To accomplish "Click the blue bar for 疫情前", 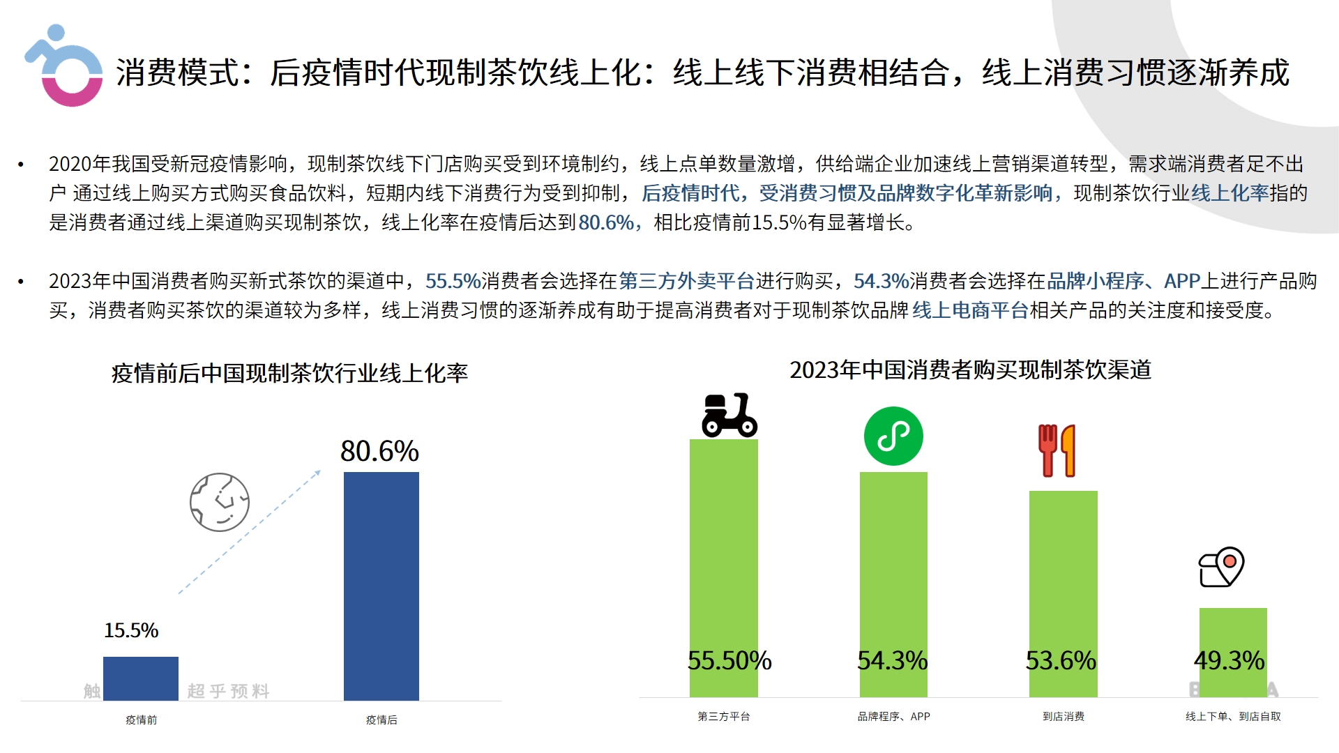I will pos(141,678).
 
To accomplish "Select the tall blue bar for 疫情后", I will pos(381,586).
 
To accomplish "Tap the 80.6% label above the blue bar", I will pos(379,451).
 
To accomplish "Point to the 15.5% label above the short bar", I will pos(131,630).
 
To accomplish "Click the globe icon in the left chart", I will pos(220,502).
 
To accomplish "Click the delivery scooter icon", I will pos(729,416).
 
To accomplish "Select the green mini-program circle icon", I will pos(893,436).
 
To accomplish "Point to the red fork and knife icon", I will pos(1057,450).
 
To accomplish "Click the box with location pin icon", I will pos(1221,567).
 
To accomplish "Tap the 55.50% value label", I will pos(729,660).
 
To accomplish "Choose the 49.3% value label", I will pos(1229,660).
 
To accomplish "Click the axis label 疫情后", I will pos(381,720).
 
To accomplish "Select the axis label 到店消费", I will pos(1064,716).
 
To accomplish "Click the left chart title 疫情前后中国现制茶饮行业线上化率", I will pos(289,373).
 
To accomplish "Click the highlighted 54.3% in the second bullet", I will pos(881,281).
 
